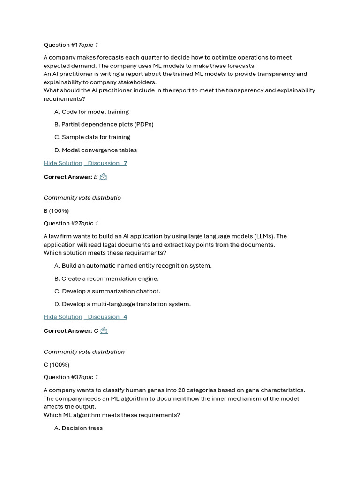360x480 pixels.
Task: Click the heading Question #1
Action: click(60, 45)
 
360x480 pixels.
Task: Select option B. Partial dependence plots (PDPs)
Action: click(104, 124)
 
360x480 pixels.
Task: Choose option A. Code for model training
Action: click(91, 112)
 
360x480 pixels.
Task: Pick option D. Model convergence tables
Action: click(95, 150)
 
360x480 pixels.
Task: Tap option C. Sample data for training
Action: click(92, 137)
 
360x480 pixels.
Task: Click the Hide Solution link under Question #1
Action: click(63, 163)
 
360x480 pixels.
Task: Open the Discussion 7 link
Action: click(107, 163)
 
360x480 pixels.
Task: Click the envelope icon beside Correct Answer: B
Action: click(104, 177)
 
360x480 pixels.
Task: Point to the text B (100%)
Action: click(56, 211)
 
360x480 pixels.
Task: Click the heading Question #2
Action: click(60, 224)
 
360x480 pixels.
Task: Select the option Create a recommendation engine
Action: click(106, 278)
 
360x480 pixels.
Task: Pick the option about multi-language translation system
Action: click(122, 304)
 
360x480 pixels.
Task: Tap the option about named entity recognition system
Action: click(133, 266)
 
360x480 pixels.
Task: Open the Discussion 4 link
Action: click(107, 317)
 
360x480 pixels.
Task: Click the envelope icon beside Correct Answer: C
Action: click(104, 330)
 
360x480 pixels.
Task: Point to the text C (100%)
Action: click(56, 365)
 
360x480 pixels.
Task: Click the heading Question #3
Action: click(60, 377)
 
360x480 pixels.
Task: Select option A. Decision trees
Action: click(78, 428)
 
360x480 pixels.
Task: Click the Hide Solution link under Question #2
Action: click(63, 317)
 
